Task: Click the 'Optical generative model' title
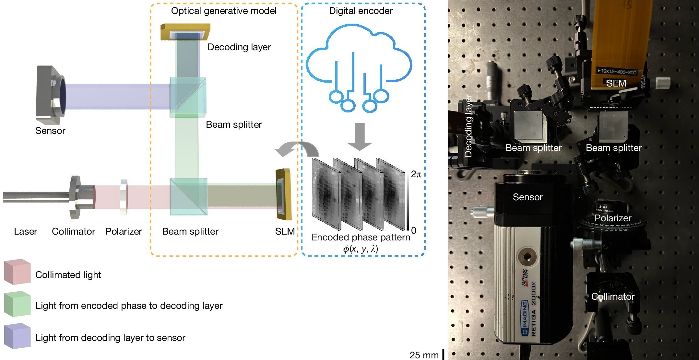(x=224, y=11)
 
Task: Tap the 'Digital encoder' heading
(x=361, y=11)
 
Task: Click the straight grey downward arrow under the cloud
(x=360, y=136)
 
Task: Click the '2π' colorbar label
(x=416, y=174)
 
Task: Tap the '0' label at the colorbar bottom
(x=414, y=230)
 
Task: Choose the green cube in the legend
(x=17, y=304)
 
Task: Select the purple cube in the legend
(x=17, y=336)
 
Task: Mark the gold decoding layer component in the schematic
(x=185, y=32)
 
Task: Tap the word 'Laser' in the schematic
(x=25, y=231)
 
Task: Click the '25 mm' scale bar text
(x=424, y=355)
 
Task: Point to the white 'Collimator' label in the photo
(x=613, y=296)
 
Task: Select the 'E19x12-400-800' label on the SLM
(x=617, y=71)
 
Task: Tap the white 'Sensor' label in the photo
(x=527, y=197)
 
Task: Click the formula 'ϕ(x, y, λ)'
(x=361, y=249)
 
